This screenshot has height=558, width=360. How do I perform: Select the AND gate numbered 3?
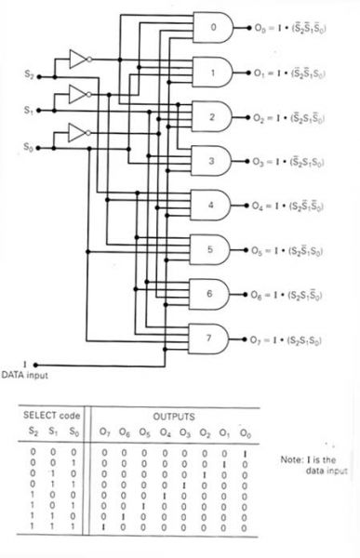[x=212, y=161]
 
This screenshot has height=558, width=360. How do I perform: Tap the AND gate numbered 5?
[x=212, y=248]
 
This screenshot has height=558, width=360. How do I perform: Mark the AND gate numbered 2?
[x=212, y=116]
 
